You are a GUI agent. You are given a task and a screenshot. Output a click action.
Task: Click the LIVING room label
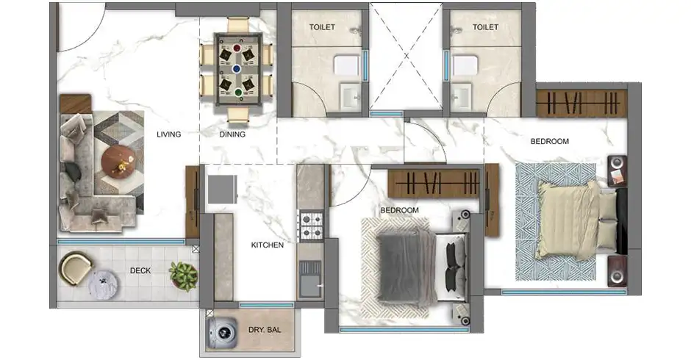(x=169, y=134)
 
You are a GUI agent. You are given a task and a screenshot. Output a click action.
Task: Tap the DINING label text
(x=232, y=134)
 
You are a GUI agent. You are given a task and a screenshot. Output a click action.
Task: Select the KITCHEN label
(x=268, y=245)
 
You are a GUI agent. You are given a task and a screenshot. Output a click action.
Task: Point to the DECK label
(x=140, y=270)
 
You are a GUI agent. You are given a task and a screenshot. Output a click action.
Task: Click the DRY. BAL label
(x=265, y=330)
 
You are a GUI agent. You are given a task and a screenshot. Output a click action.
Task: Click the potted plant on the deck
(x=183, y=276)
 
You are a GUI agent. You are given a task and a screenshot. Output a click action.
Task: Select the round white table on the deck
(x=103, y=284)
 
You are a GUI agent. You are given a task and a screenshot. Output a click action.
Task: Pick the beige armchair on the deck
(x=75, y=268)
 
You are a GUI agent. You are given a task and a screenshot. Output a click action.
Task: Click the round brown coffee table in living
(x=118, y=162)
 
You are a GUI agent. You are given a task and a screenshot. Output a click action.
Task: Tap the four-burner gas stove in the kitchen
(x=311, y=226)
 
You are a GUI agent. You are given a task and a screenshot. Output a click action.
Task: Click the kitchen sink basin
(x=310, y=280)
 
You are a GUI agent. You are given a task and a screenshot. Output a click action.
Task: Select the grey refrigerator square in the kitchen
(x=223, y=189)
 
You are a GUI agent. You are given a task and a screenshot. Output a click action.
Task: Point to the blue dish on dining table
(x=237, y=69)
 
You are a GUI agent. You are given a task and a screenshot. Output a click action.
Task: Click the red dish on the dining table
(x=237, y=48)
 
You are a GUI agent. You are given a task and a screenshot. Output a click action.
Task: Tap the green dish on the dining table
(x=237, y=93)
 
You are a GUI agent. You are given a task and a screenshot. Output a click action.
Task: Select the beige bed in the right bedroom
(x=578, y=220)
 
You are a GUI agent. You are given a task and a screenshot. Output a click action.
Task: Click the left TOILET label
(x=322, y=27)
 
